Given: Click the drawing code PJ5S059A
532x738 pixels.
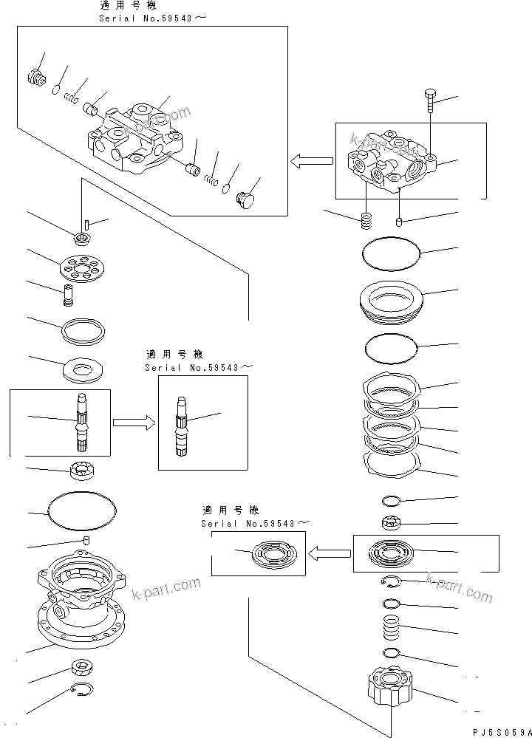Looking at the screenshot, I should (x=499, y=730).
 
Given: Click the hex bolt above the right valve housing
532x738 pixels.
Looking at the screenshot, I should (x=432, y=100).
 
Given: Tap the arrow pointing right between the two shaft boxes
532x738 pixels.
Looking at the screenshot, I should (x=134, y=423).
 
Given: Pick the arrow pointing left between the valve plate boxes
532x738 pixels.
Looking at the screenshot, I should (x=329, y=553).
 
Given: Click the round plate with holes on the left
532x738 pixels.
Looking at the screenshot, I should (x=82, y=267).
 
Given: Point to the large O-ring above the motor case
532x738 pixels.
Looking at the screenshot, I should (x=82, y=510).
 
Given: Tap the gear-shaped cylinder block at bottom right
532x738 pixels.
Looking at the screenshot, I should (x=390, y=686).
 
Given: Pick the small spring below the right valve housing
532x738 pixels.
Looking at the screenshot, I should (x=366, y=220).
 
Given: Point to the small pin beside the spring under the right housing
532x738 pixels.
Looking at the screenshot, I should (x=399, y=221).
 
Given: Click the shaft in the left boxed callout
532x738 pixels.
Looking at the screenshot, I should (x=82, y=422).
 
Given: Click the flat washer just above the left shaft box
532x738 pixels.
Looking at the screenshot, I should (x=85, y=367).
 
